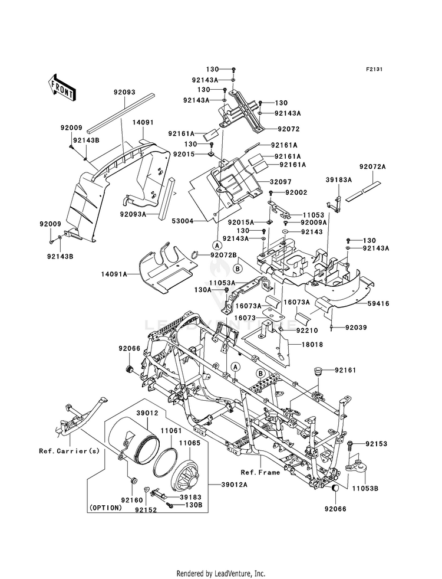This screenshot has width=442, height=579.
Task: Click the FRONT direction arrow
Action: click(61, 87)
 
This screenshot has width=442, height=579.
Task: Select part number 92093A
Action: click(133, 214)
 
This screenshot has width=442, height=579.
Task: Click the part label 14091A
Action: click(114, 274)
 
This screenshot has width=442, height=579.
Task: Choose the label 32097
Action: click(281, 182)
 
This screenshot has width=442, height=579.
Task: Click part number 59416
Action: click(378, 303)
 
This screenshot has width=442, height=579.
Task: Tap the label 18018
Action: click(312, 345)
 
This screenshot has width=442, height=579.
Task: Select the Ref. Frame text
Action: click(260, 472)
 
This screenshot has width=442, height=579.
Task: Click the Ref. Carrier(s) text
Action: click(70, 451)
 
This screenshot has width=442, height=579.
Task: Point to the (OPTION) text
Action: click(105, 508)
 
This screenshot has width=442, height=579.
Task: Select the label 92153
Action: click(377, 443)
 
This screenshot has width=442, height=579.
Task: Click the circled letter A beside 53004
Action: click(217, 245)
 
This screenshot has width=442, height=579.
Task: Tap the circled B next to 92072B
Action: click(238, 269)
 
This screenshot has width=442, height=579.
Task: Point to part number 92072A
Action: click(372, 167)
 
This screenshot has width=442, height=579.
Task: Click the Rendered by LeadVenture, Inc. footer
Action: click(221, 574)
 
